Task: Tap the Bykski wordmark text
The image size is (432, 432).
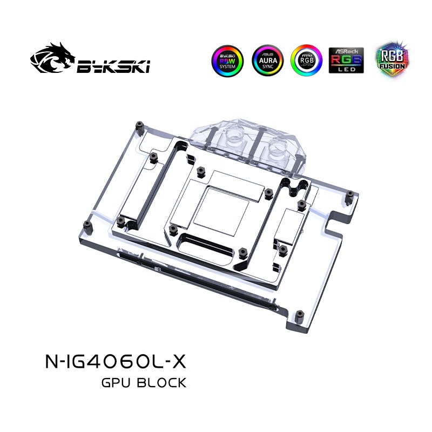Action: pyautogui.click(x=114, y=66)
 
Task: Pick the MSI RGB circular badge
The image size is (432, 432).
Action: pyautogui.click(x=306, y=59)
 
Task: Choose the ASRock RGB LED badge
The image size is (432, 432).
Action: pyautogui.click(x=346, y=59)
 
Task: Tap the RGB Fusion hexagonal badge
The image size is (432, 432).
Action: pyautogui.click(x=387, y=59)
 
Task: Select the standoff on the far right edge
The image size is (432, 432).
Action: pyautogui.click(x=349, y=193)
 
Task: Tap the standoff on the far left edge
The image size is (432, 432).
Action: pyautogui.click(x=86, y=224)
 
